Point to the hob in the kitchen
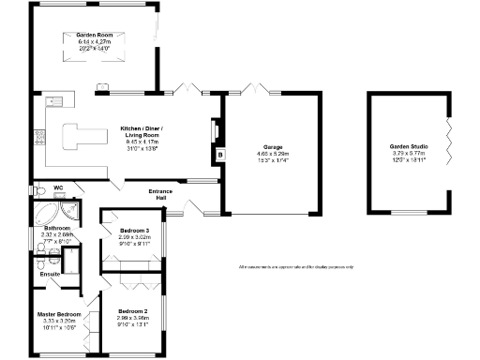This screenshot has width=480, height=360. coord(38,138)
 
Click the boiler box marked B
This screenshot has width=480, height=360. coord(220,156)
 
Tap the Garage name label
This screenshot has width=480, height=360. coord(273,147)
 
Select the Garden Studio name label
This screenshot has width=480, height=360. coord(407,147)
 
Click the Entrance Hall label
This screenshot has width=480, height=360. coord(159,195)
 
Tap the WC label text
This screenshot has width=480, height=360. coord(58,187)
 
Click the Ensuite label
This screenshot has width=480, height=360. coord(50,274)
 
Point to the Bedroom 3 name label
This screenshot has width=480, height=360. coord(135,231)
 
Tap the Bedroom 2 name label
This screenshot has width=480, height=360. coord(133,311)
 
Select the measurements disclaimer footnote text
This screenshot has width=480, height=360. coord(296,267)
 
